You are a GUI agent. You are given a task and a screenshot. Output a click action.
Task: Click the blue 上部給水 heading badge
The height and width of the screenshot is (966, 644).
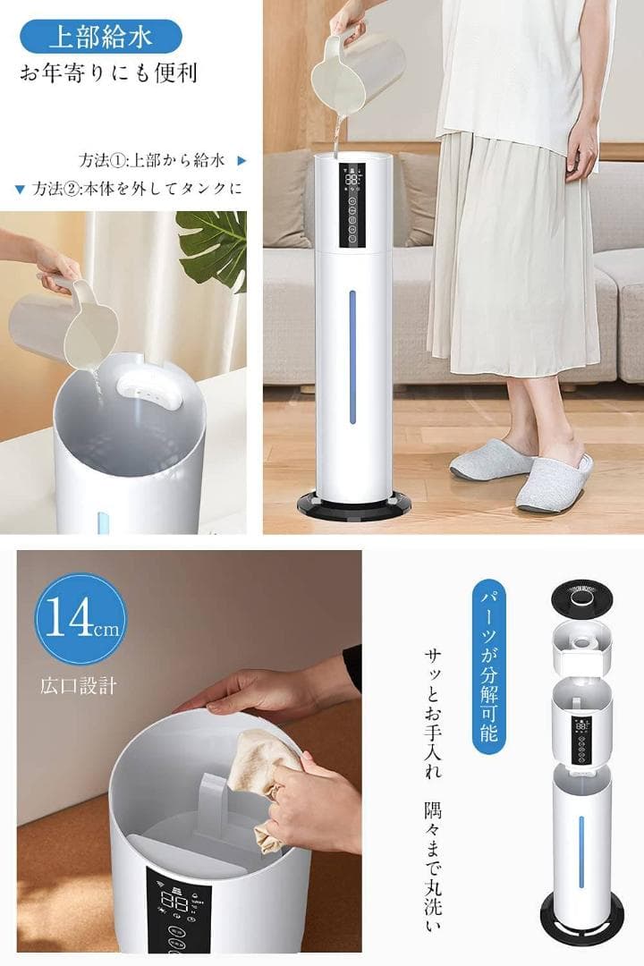coord(100,37)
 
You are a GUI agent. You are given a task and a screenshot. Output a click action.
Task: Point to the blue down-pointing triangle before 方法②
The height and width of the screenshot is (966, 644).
coord(20,189)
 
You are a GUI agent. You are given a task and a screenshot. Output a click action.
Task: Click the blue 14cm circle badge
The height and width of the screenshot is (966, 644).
coord(80,619)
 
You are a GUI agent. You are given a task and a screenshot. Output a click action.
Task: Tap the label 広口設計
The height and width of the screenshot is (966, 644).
coord(78,687)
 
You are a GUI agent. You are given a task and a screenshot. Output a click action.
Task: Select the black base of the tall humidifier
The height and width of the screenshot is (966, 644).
coord(353,506)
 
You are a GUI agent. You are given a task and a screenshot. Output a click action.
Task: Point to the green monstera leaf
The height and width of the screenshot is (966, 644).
coord(214,246)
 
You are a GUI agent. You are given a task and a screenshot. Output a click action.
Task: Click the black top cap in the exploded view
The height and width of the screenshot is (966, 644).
coord(581,596)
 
